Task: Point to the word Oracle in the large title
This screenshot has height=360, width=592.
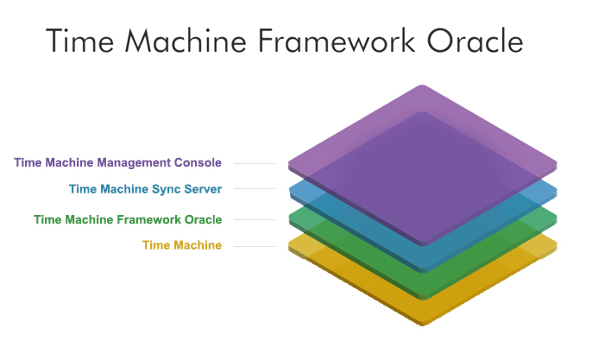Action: point(476,41)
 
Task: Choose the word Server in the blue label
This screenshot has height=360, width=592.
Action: point(202,189)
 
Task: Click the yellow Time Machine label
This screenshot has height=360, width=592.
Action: point(181,245)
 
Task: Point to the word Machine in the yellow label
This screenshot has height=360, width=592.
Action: point(196,245)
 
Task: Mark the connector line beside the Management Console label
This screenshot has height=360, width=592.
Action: point(254,163)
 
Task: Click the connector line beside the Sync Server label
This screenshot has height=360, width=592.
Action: point(254,190)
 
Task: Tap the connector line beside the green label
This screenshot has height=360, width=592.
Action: point(254,220)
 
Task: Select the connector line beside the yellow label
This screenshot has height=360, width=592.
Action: point(254,246)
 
